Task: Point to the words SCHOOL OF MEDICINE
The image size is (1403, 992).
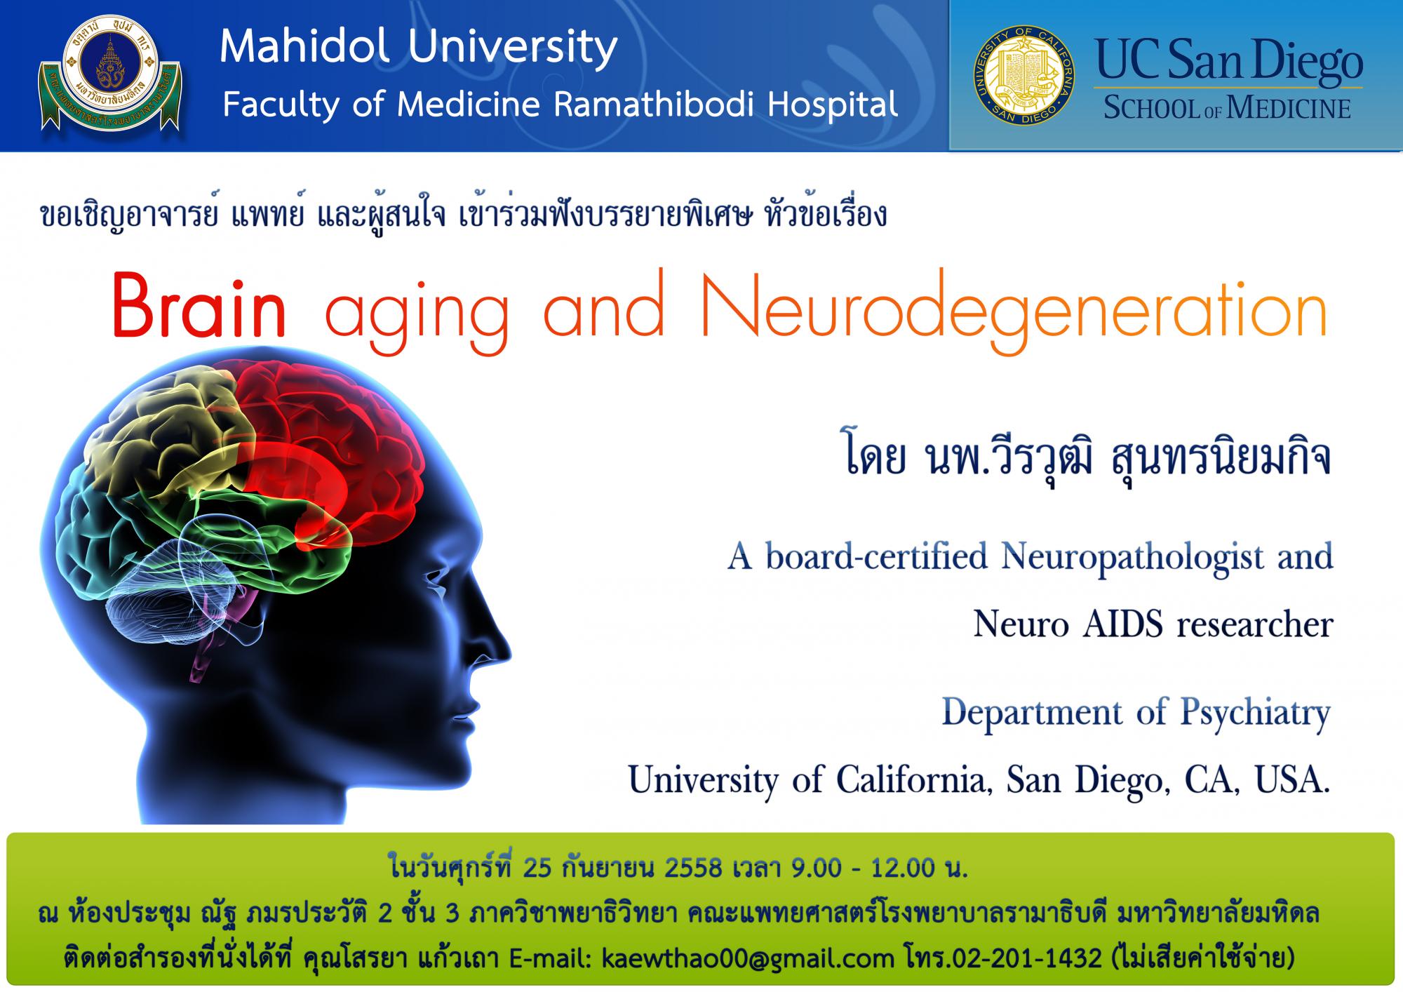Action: (1227, 109)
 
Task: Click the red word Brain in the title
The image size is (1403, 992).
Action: (199, 309)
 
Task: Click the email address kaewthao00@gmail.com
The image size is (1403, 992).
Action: (748, 958)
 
